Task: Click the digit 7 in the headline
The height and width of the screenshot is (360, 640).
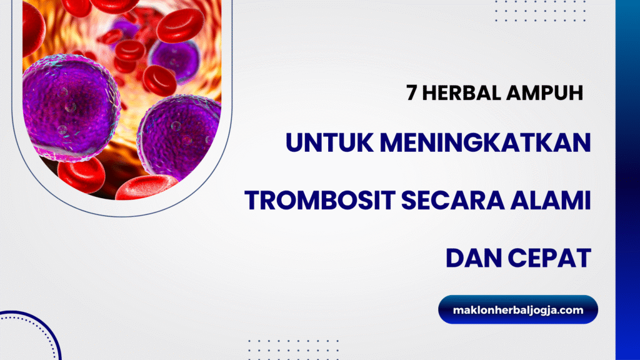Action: coord(411,93)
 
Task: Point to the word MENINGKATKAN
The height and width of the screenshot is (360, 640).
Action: coord(485,142)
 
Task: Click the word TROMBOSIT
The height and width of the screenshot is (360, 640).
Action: coord(320,201)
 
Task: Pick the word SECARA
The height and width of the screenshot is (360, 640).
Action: coord(452,201)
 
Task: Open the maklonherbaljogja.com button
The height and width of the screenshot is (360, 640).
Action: coord(518,309)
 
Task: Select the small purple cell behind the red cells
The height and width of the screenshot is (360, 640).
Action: coord(175,59)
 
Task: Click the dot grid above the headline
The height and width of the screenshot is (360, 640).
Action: coord(541,11)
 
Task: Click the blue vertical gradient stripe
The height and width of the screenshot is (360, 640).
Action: coord(627,180)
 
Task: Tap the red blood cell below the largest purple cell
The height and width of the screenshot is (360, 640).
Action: coord(81,174)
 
